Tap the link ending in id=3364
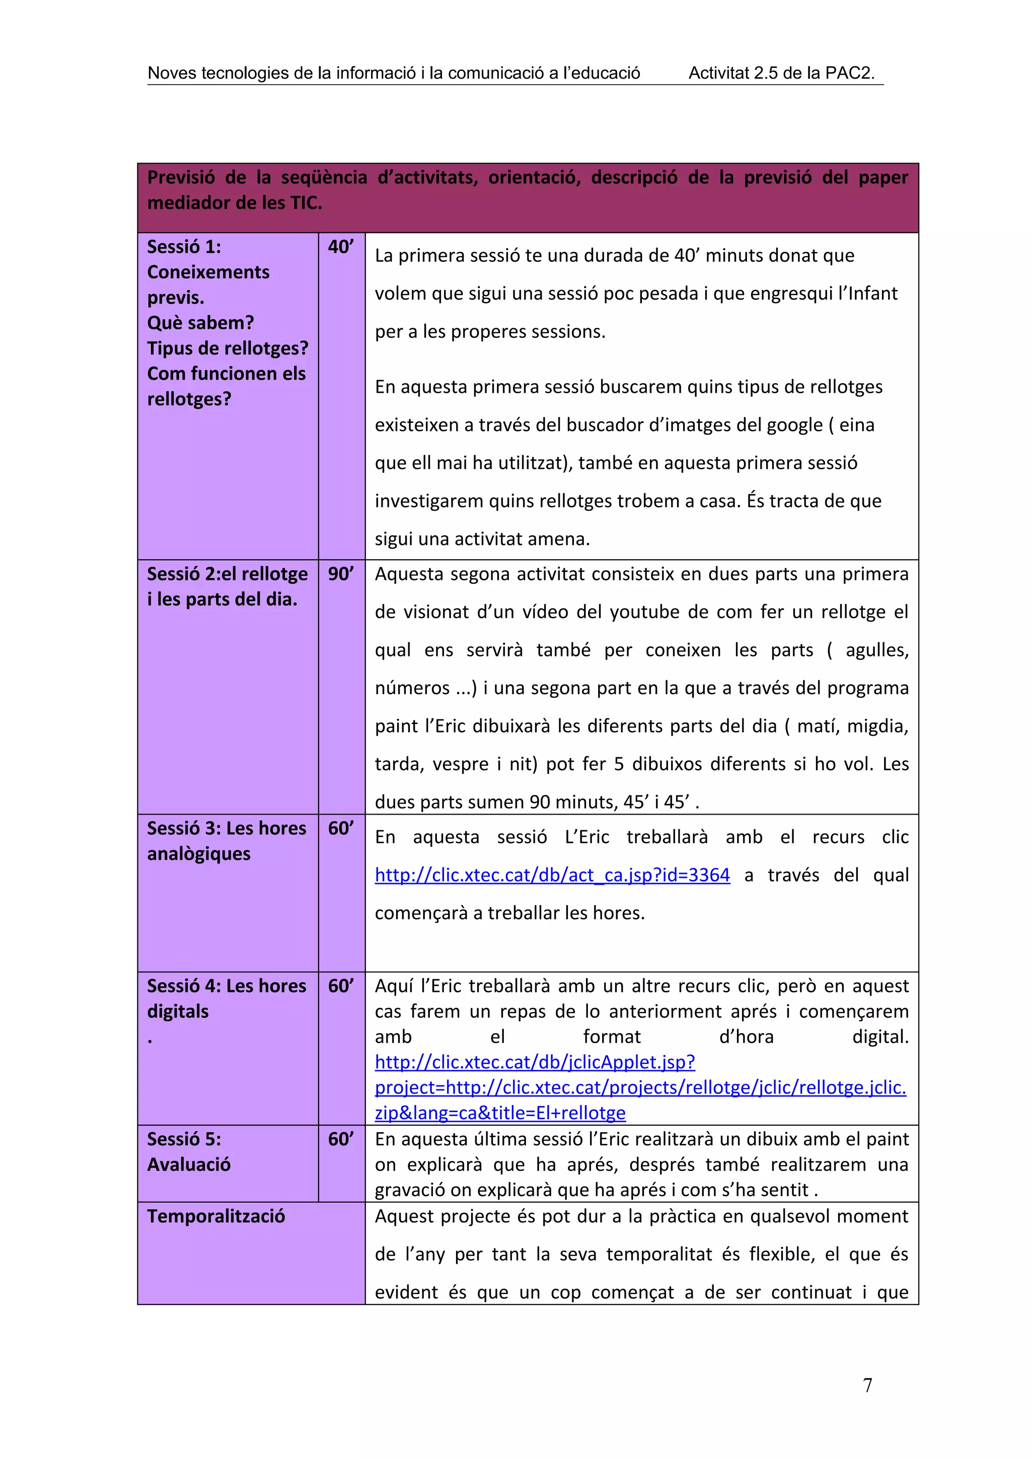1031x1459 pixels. pyautogui.click(x=552, y=875)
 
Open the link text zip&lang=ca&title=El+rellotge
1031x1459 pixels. pyautogui.click(x=500, y=1113)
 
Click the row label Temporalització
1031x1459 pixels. pyautogui.click(x=216, y=1216)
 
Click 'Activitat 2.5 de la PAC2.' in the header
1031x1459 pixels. pyautogui.click(x=781, y=73)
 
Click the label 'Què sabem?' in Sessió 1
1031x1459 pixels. pyautogui.click(x=200, y=323)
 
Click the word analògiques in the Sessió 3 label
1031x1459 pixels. pyautogui.click(x=199, y=853)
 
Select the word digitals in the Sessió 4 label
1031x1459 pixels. pyautogui.click(x=178, y=1011)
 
